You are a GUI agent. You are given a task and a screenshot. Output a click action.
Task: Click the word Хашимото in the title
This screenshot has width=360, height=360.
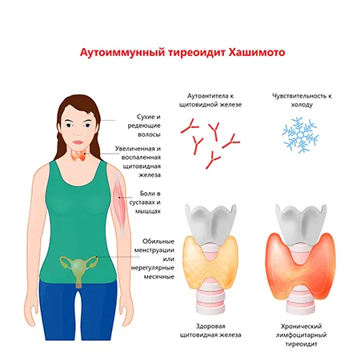point(257,52)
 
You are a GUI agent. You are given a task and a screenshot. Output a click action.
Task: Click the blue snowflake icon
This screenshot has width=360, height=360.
point(301,135)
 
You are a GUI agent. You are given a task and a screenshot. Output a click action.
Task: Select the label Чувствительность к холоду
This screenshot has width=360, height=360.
point(302,100)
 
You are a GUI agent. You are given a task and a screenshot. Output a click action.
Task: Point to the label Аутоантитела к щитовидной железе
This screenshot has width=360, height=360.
point(210,100)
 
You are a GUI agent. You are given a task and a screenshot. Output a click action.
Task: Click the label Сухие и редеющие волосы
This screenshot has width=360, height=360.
point(144,126)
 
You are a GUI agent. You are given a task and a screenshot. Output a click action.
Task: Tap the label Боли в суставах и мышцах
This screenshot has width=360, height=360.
point(145,202)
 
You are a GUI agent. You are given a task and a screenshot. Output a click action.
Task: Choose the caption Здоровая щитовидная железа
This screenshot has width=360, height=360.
point(210,330)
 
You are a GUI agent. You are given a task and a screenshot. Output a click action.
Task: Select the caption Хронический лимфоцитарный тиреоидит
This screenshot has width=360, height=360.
point(302,335)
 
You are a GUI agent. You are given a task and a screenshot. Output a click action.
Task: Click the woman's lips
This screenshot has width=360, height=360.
point(78,142)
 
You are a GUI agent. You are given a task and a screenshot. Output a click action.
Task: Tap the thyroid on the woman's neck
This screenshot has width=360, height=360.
point(78,157)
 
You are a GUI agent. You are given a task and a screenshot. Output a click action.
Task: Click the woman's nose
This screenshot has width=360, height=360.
point(78,132)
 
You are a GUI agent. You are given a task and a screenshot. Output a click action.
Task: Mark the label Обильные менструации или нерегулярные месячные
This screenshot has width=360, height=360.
point(153,259)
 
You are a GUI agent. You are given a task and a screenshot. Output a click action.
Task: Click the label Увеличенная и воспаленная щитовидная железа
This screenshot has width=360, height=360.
point(138,162)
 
